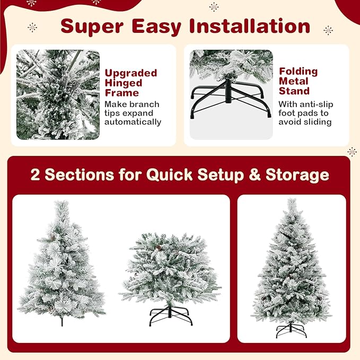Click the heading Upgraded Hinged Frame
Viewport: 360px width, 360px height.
click(130, 83)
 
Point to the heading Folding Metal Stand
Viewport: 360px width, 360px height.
click(298, 81)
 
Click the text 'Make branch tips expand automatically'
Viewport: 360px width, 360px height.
click(133, 113)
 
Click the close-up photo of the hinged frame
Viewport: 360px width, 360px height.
click(58, 95)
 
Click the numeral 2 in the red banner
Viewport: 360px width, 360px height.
click(35, 175)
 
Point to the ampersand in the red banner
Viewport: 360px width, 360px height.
click(254, 175)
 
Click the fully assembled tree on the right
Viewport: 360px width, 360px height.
click(291, 265)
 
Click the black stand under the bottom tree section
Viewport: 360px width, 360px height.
click(170, 316)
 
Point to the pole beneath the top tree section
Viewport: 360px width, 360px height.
click(62, 320)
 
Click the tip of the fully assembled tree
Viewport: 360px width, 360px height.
click(291, 201)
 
